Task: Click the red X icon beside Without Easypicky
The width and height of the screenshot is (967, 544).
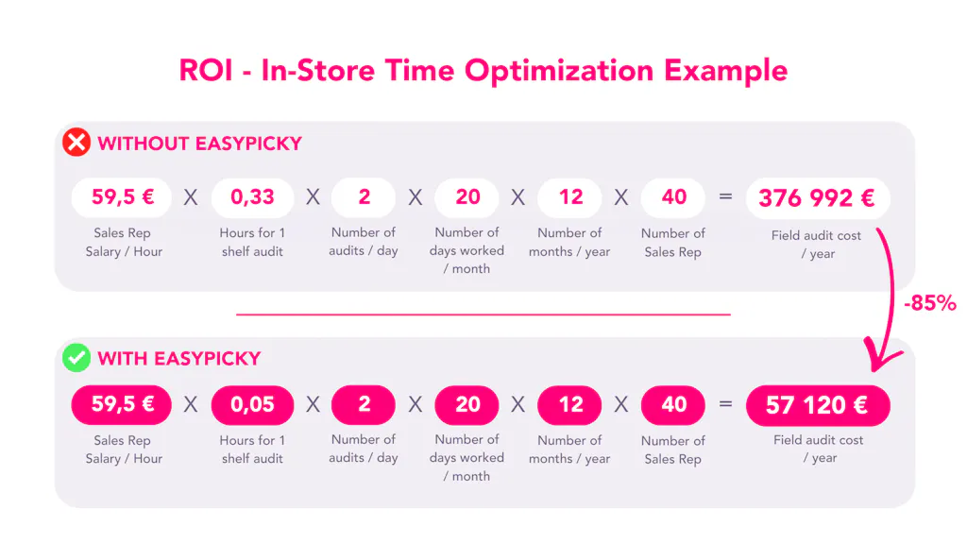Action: tap(76, 143)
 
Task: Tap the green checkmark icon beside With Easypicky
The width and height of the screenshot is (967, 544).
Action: tap(76, 358)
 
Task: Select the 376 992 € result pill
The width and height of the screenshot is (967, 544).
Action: tap(817, 197)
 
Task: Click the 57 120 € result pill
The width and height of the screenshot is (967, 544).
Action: tap(817, 405)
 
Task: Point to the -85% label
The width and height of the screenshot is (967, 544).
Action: tap(929, 303)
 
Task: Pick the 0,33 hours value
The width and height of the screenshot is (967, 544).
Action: tap(252, 197)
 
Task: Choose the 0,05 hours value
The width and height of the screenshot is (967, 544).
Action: tap(252, 405)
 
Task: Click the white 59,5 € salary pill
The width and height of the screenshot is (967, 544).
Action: tap(123, 197)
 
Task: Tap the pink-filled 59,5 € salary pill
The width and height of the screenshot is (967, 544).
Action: tap(123, 405)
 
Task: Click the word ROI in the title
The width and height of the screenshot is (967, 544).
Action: tap(207, 71)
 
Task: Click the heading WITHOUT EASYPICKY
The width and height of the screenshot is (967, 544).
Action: tap(199, 144)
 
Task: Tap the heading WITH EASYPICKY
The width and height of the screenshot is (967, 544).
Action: tap(179, 359)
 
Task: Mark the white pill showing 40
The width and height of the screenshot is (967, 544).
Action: tap(673, 197)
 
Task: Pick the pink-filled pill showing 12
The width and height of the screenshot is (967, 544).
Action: tap(570, 405)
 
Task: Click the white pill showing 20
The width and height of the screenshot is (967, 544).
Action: tap(467, 197)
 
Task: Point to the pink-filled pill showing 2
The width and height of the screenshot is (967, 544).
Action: tap(364, 405)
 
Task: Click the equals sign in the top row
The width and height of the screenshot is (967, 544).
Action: tap(725, 197)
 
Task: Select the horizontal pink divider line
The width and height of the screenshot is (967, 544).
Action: tap(483, 314)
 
